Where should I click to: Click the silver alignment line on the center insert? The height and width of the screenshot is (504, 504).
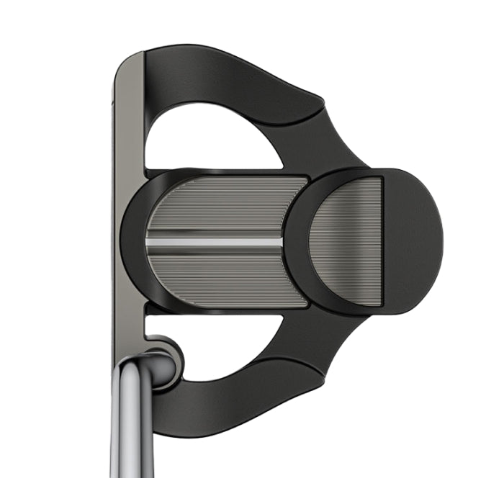[216, 240]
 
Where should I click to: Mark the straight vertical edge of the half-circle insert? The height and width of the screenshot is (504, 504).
[380, 241]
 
